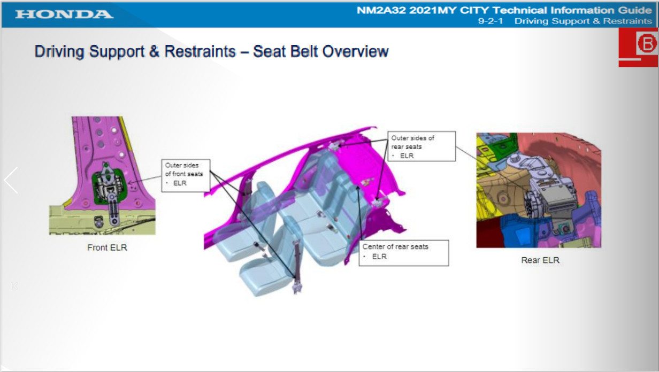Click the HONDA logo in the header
pos(64,14)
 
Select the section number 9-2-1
pos(491,21)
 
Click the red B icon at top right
pos(639,47)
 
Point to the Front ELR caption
pos(107,247)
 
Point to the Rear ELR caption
pos(540,260)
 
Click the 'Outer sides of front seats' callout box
pos(186,175)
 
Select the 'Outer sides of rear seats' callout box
pos(422,146)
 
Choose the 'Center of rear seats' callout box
pos(404,253)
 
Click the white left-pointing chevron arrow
pos(11,180)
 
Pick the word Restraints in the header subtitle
pos(627,21)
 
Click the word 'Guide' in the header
pos(635,10)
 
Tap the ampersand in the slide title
pos(154,51)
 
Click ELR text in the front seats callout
pos(180,183)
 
